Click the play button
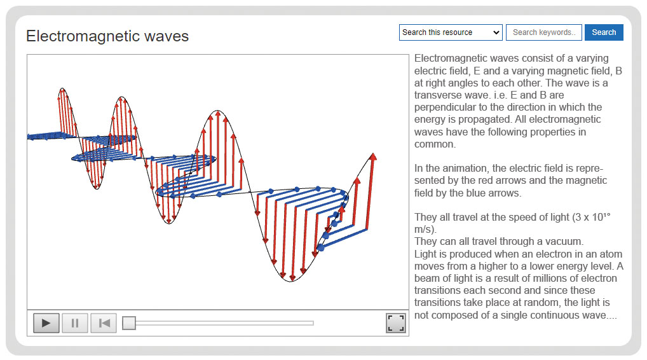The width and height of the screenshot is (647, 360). point(46,323)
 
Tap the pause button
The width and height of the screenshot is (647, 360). point(75,323)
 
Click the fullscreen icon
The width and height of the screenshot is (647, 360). point(396,323)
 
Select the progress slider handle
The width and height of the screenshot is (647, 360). point(129,323)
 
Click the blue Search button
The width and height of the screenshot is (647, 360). point(604,32)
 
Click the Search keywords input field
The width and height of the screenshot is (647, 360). point(544,32)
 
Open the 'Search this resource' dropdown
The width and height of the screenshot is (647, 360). point(451,32)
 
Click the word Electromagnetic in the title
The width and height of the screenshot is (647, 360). point(83,36)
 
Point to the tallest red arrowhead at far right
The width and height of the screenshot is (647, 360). point(373,156)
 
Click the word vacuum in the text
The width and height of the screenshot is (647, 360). point(563,242)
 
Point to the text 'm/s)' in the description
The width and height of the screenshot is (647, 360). point(425,230)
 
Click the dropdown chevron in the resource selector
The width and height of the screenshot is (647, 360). point(496,32)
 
